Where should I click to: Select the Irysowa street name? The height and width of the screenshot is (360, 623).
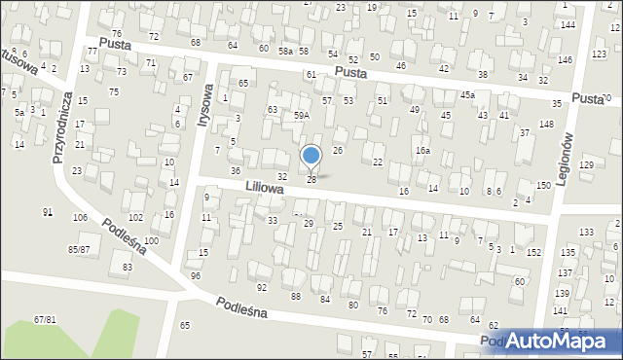coord(205,100)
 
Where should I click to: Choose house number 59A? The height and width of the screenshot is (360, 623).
coord(302,115)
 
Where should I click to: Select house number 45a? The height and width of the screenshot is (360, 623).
coord(467,94)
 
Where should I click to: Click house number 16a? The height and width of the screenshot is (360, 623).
coord(422,151)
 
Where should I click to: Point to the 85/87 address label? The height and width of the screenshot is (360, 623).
coord(79,250)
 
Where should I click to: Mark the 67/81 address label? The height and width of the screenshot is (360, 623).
coord(45,319)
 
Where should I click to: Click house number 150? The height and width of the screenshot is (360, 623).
coord(542,185)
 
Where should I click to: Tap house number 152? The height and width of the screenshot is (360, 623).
coord(533,253)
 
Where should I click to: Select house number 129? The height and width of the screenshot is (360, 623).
coord(586,165)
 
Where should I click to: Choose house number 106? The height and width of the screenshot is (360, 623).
coord(77,217)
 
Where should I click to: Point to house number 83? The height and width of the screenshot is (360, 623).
coord(127,267)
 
